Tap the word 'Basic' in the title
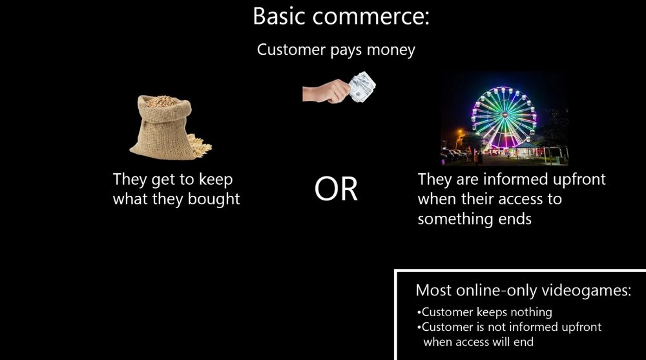click(x=278, y=16)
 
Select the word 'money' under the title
click(x=391, y=50)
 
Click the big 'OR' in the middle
click(x=336, y=189)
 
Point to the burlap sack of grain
click(x=161, y=129)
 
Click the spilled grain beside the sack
click(x=201, y=145)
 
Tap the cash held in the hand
click(x=362, y=87)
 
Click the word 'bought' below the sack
click(x=214, y=199)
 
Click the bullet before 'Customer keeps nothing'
click(x=419, y=313)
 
